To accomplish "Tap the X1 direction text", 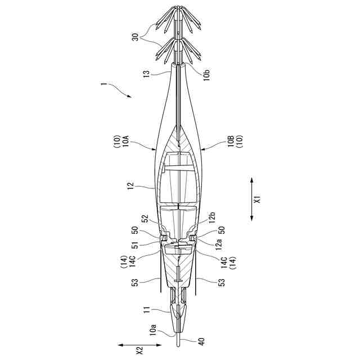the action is (x=258, y=200).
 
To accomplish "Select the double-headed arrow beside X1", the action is (x=251, y=200).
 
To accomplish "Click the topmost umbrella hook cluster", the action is (x=179, y=19).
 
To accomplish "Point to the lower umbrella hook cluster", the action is (x=179, y=49).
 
